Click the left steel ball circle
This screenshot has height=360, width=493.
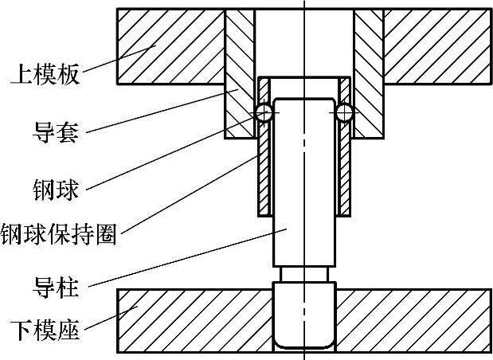[x=264, y=113]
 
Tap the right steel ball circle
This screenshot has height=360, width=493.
[x=344, y=113]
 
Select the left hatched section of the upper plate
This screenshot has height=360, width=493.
[x=170, y=45]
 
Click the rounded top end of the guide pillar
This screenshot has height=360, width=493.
[x=304, y=102]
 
